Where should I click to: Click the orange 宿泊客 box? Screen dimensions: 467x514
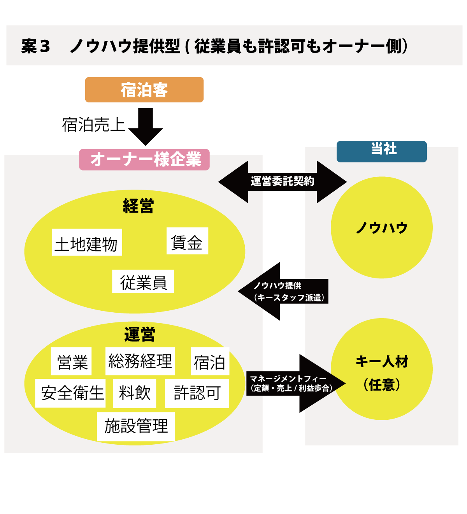click(x=144, y=90)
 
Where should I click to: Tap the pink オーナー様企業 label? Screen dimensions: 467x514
click(x=144, y=159)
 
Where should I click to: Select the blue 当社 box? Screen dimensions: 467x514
click(x=381, y=151)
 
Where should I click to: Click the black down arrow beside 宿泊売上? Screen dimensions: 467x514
click(x=146, y=127)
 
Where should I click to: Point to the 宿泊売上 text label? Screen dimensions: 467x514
click(x=93, y=125)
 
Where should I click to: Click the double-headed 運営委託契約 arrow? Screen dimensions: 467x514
click(x=283, y=182)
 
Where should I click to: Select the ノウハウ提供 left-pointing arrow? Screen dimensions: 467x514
click(x=283, y=291)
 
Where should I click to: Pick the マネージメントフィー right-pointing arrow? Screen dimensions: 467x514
click(x=296, y=384)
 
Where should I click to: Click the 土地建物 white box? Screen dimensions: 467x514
click(x=87, y=242)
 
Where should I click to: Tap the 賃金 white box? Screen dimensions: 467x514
click(x=187, y=241)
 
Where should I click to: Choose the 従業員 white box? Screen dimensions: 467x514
click(x=143, y=282)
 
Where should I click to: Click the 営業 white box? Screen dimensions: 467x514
click(x=71, y=361)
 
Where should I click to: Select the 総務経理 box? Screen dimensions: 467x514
click(x=140, y=361)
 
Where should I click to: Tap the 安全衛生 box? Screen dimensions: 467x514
click(x=70, y=393)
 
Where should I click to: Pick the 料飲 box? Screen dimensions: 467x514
click(x=135, y=394)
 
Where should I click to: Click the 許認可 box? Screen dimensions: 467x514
click(x=197, y=394)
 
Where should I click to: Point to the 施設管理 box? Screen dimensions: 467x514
click(x=136, y=427)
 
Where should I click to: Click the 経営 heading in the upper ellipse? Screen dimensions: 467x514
click(x=138, y=206)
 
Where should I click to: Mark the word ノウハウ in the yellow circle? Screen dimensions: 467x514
click(x=382, y=227)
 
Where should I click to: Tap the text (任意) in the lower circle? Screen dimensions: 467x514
click(x=382, y=385)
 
